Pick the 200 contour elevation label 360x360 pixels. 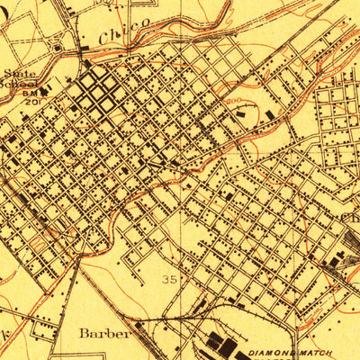pos(234,102)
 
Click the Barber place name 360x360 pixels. pos(103,332)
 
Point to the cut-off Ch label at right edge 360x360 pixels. pos(350,217)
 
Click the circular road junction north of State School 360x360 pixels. pos(58,46)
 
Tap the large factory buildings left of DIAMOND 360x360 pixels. pos(222,345)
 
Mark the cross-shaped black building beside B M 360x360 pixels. pos(57,91)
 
